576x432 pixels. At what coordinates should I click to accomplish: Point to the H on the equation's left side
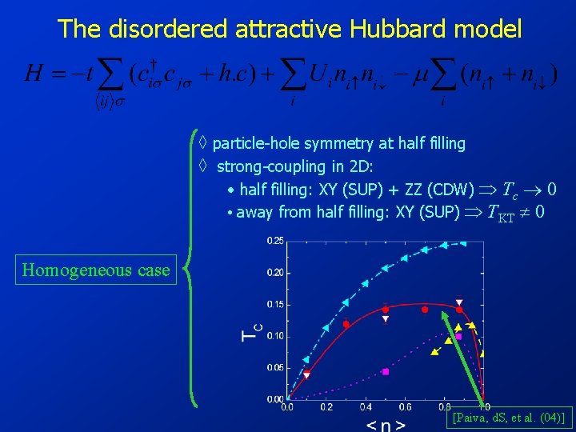[34, 74]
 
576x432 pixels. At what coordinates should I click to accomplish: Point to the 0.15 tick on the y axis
[274, 305]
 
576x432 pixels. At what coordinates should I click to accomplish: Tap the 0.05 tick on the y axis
[274, 367]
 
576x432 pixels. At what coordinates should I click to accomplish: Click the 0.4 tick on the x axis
[366, 407]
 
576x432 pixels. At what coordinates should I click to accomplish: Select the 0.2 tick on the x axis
[326, 407]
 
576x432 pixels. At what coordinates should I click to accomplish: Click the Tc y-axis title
[250, 330]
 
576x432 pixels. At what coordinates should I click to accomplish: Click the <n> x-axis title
[385, 424]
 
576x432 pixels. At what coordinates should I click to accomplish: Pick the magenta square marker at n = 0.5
[386, 371]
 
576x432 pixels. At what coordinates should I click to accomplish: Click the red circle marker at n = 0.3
[346, 324]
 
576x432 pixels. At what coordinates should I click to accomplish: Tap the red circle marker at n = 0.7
[425, 309]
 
